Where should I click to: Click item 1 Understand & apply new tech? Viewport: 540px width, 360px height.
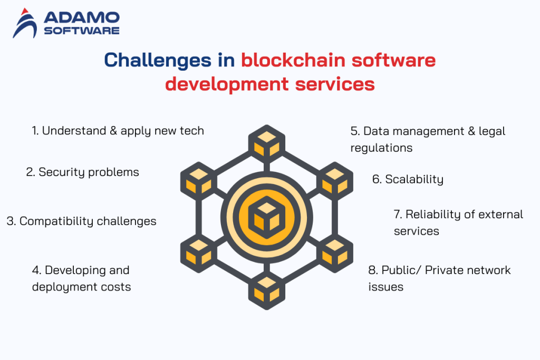pos(118,131)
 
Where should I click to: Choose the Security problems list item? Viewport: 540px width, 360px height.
pos(83,172)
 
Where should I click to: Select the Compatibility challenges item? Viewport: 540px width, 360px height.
pos(81,221)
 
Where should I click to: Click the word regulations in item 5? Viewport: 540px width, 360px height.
pos(381,148)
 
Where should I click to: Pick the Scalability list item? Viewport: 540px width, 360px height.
pos(408,179)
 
